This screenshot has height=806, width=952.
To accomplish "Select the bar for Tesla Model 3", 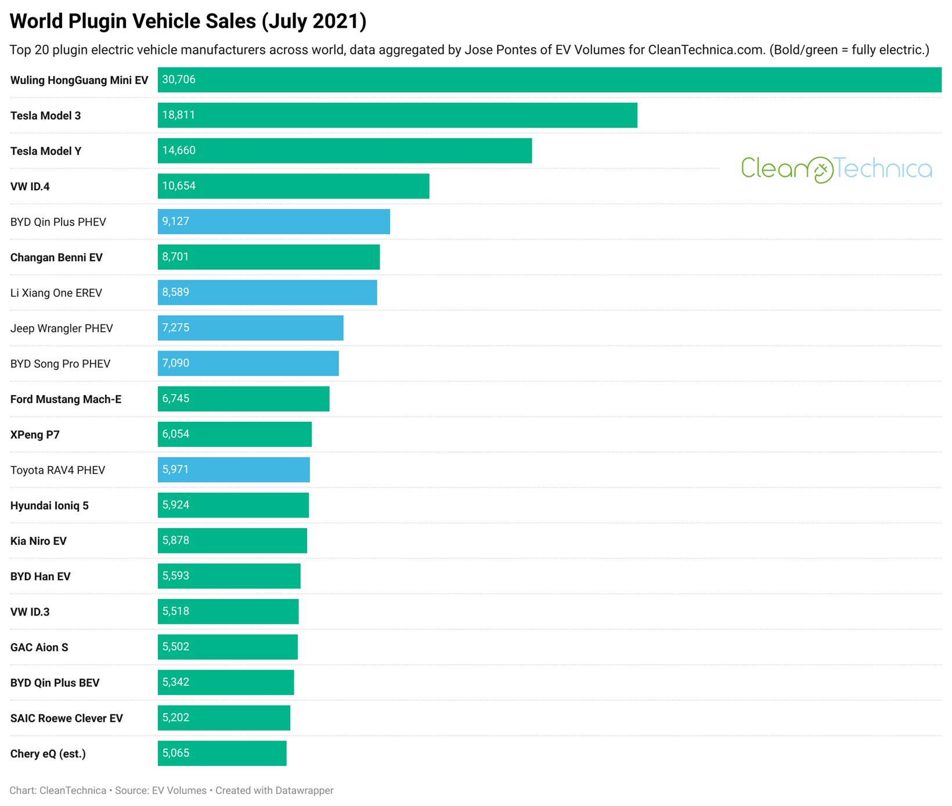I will [x=397, y=115].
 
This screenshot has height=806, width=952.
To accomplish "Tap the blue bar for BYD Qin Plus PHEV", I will [x=273, y=222].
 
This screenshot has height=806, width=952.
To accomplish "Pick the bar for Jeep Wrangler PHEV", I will [x=250, y=328].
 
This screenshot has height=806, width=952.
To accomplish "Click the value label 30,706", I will [x=179, y=79].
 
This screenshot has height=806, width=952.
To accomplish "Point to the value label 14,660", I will [x=179, y=150].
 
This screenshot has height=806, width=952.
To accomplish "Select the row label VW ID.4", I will [x=30, y=186].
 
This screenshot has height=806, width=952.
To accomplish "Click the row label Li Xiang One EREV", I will [x=56, y=292].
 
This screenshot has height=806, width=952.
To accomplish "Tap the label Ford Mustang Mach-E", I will [x=66, y=399].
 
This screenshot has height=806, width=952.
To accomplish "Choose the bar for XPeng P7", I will [x=235, y=434].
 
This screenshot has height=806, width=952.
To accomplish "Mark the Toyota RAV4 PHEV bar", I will [x=233, y=469].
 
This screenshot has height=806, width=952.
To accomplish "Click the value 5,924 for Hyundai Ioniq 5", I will [x=176, y=505].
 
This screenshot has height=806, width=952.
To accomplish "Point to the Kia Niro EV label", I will [x=38, y=541].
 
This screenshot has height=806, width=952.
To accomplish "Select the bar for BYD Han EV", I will [x=229, y=576].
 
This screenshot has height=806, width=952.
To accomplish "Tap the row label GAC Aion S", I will [x=39, y=647].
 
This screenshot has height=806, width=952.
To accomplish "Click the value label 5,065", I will [x=176, y=753].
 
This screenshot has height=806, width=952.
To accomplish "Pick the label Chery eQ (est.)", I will [x=48, y=754].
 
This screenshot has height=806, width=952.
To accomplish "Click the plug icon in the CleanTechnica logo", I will [x=820, y=170].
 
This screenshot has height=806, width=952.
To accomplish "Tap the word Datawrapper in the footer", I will [x=304, y=790].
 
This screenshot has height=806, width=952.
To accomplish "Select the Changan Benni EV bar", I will [x=268, y=257].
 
